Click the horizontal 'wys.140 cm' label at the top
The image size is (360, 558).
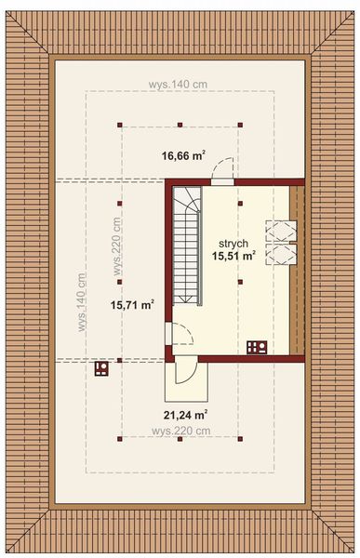[179, 84]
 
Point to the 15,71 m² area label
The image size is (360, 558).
[132, 303]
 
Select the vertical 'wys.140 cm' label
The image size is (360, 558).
[82, 301]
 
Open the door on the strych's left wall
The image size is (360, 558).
[179, 332]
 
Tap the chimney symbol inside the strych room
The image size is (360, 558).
[257, 348]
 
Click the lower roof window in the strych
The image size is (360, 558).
[279, 255]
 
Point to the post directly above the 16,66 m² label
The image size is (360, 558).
[179, 124]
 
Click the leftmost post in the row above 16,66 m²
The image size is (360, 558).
[119, 124]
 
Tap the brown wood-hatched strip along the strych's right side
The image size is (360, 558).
[298, 270]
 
